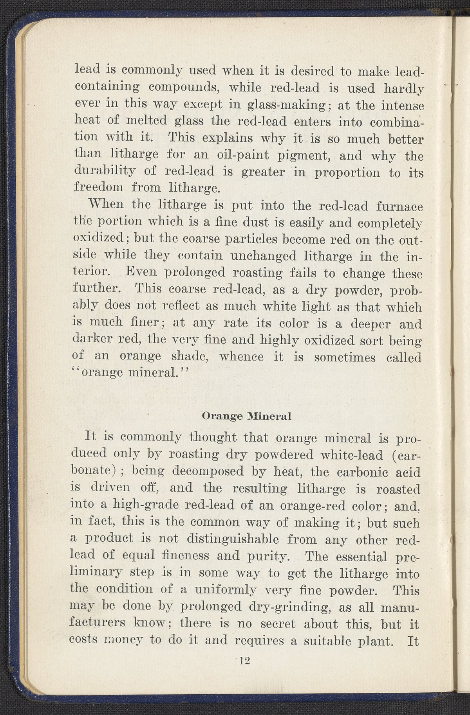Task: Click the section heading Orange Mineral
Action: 246,416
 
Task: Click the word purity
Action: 275,556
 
